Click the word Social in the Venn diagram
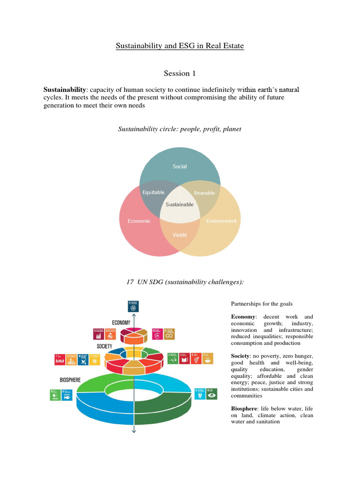click(180, 166)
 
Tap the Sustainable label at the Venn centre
click(180, 204)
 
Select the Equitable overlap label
click(153, 192)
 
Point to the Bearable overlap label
click(204, 193)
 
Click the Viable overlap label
click(180, 234)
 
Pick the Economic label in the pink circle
click(139, 221)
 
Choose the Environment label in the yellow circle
click(221, 221)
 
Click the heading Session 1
click(180, 73)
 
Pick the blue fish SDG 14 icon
click(67, 395)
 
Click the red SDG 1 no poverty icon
click(60, 360)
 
